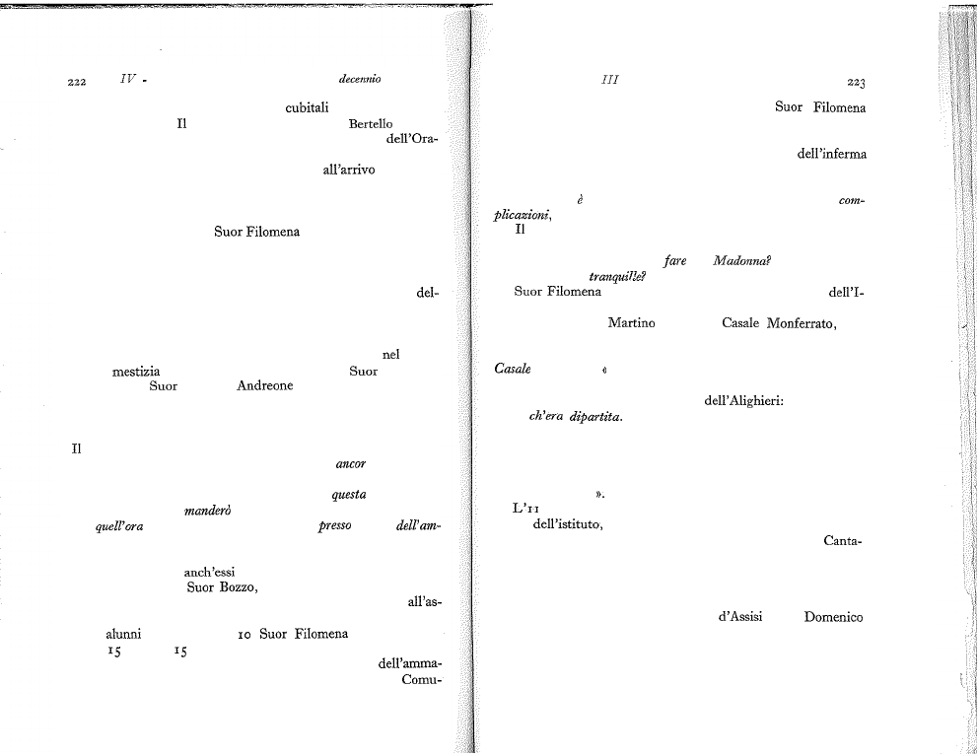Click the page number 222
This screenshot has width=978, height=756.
click(77, 82)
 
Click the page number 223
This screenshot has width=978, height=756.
click(857, 83)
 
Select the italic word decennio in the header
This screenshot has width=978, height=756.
click(360, 79)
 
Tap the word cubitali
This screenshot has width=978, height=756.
click(307, 107)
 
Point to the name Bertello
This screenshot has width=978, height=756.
click(371, 123)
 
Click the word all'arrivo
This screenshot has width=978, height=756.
click(349, 169)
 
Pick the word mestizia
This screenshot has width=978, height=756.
click(136, 372)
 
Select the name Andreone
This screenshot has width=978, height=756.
click(265, 385)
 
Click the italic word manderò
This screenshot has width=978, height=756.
click(208, 511)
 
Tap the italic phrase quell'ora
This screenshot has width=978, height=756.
click(119, 526)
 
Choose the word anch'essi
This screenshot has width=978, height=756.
click(210, 572)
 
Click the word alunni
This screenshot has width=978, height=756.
click(123, 634)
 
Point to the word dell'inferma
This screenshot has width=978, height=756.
click(832, 154)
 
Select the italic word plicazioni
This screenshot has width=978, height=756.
click(523, 215)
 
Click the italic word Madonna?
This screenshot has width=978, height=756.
click(741, 261)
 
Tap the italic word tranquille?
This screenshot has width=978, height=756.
click(617, 276)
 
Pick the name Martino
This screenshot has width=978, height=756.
click(631, 322)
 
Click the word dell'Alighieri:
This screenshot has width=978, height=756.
click(744, 400)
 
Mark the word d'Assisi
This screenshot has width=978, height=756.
click(740, 616)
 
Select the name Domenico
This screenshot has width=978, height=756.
click(833, 617)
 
